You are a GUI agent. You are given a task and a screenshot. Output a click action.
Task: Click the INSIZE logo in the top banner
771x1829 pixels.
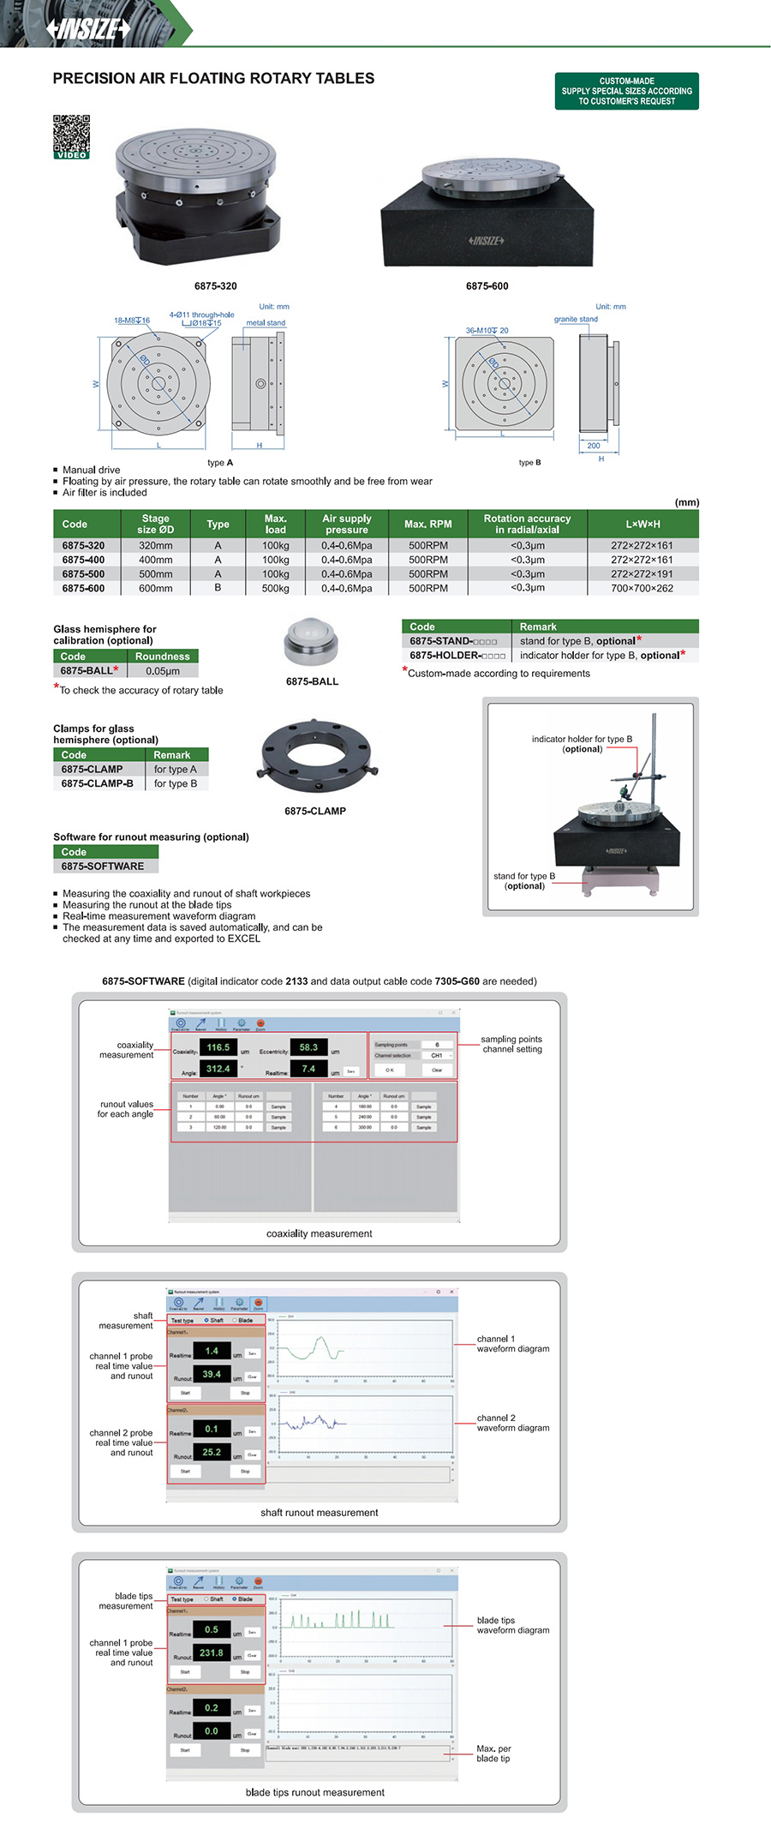tap(89, 28)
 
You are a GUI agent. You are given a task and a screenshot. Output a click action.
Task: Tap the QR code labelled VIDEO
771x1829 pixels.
tap(72, 135)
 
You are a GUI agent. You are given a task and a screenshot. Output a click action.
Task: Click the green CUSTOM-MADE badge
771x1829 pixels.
tap(626, 91)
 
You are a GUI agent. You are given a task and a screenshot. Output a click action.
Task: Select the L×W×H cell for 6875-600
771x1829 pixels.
tap(642, 589)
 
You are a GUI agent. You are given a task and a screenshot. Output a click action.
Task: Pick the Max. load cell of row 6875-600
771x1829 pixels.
tap(275, 589)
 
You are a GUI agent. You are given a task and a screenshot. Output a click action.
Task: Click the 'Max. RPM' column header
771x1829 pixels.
tap(427, 524)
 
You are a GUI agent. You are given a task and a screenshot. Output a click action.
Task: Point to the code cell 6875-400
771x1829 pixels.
tap(84, 560)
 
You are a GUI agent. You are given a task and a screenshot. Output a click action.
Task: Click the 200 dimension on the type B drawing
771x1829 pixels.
tap(594, 446)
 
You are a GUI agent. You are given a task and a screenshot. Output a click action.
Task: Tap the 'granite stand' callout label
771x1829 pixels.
tap(576, 319)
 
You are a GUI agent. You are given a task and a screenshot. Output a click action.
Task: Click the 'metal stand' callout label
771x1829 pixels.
tap(266, 323)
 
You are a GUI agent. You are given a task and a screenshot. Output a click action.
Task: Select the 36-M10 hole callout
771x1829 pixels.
tap(487, 330)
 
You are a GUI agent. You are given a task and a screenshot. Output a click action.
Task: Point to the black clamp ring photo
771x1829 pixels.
tap(316, 759)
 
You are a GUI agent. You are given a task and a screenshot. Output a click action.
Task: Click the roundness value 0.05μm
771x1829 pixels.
tap(163, 671)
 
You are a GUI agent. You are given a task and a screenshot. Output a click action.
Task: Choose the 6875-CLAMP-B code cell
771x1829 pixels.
tap(97, 783)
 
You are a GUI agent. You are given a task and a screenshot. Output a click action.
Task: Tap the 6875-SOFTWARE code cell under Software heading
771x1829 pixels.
tap(103, 867)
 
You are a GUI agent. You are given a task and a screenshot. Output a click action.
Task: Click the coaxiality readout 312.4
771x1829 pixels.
tap(218, 1070)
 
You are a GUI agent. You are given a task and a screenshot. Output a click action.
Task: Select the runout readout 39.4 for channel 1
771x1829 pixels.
tap(212, 1374)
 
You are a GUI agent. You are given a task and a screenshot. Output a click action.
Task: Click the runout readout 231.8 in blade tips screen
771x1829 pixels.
tap(212, 1652)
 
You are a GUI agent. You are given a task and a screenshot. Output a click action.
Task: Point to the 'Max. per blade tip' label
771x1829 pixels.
tap(493, 1754)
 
